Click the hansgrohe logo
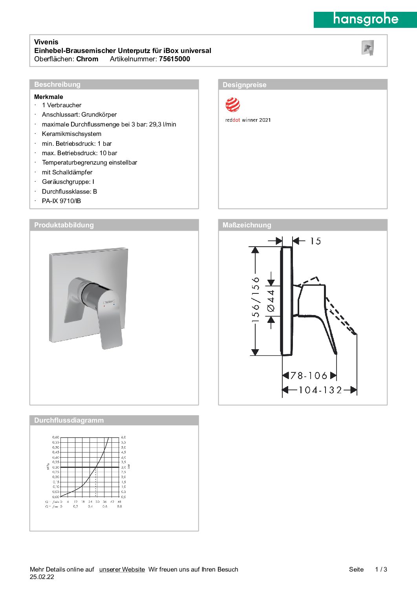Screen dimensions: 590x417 365,19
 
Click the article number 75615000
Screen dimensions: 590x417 174,59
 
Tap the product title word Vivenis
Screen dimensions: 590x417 46,42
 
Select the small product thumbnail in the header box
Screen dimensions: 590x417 368,48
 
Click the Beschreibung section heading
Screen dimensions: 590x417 57,84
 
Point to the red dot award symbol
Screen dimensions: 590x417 232,105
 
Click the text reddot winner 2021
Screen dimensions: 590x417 248,120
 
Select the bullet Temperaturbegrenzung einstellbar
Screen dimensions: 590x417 90,163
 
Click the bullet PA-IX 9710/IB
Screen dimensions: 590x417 61,201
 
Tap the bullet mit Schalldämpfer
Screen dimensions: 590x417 67,172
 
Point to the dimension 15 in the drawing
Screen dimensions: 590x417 315,241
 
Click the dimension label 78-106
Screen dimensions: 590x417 309,376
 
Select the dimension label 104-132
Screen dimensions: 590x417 320,390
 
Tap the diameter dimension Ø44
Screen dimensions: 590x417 271,301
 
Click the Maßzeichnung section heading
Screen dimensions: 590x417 247,225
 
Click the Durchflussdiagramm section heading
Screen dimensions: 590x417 69,420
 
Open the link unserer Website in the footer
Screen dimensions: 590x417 122,570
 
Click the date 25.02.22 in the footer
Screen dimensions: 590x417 42,577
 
